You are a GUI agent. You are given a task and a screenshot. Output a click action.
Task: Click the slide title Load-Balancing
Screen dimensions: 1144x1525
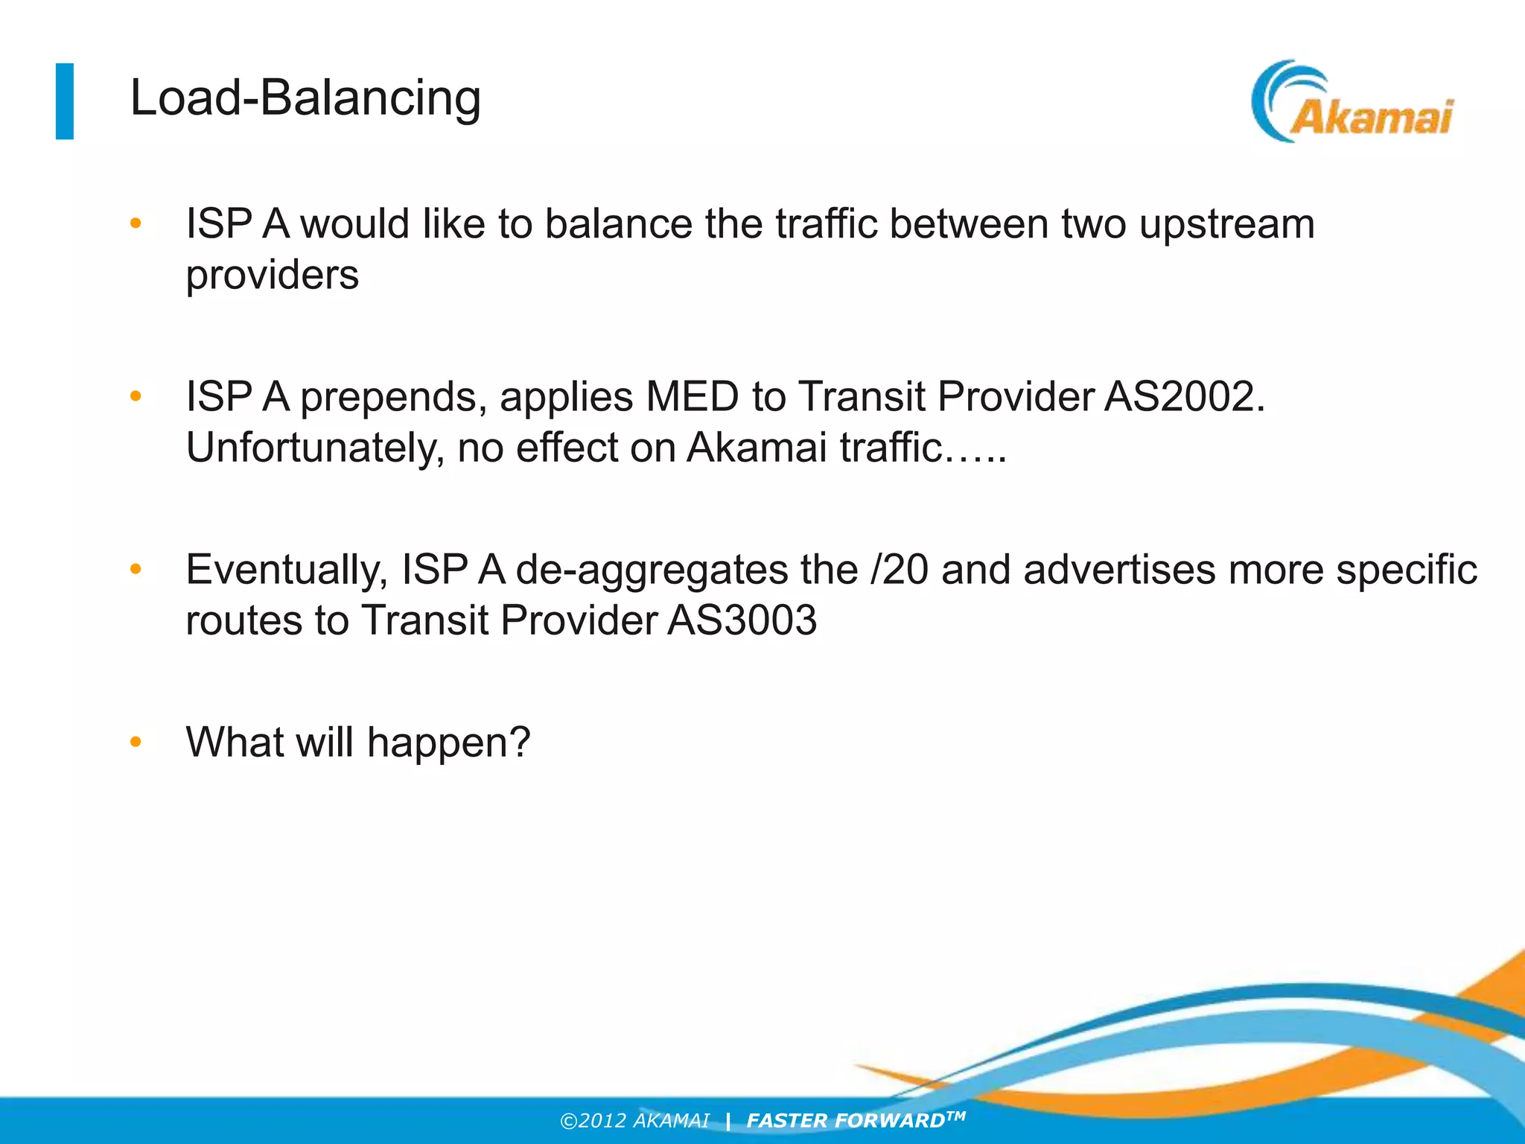[x=305, y=98]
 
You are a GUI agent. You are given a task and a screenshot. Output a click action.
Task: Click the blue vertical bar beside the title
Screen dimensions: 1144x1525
[x=65, y=101]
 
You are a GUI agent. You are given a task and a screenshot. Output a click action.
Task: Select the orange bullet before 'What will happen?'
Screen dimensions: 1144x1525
[x=136, y=742]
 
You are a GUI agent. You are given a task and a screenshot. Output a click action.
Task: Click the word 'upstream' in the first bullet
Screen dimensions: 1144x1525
[x=1226, y=224]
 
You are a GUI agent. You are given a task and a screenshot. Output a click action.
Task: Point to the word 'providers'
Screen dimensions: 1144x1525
[x=272, y=275]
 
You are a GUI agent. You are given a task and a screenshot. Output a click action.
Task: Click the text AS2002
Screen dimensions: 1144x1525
[x=1184, y=396]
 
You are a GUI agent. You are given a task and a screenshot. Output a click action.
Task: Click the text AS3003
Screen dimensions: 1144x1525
[x=742, y=620]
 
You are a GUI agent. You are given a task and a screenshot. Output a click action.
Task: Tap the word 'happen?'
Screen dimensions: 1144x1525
[x=448, y=743]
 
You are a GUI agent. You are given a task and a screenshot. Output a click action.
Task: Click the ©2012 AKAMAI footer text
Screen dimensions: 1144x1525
[x=634, y=1121]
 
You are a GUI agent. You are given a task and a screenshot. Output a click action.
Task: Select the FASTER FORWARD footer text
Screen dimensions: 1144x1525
[x=855, y=1120]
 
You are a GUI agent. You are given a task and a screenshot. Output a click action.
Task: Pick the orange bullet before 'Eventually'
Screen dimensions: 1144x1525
[x=136, y=570]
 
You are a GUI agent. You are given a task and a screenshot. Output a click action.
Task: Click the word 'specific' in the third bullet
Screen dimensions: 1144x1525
[x=1406, y=570]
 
